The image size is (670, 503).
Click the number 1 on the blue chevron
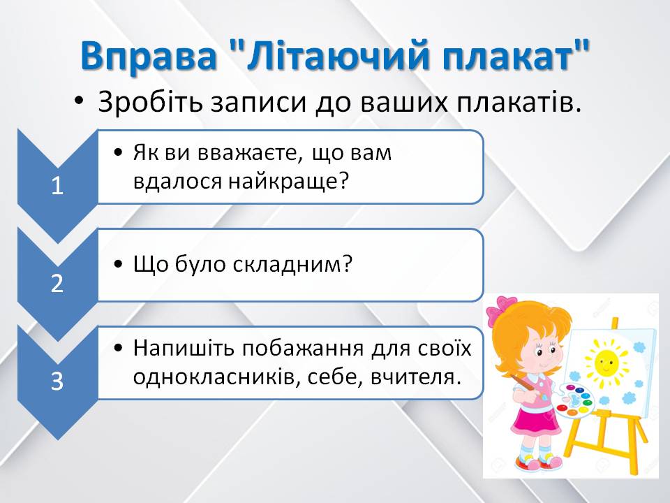(57, 186)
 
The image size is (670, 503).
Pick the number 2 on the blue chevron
(57, 284)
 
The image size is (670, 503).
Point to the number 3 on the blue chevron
(57, 381)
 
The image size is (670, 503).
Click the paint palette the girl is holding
(574, 400)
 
